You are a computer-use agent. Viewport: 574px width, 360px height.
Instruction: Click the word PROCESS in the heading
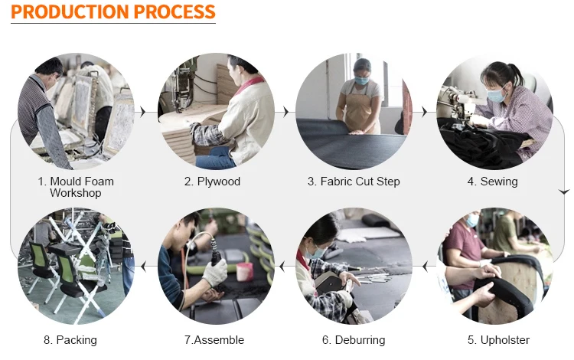pos(174,11)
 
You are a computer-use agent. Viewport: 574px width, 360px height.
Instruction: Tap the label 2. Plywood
pos(212,182)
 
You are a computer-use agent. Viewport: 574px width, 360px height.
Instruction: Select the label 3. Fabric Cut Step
pos(354,182)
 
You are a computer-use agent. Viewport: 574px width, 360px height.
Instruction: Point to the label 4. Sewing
pos(492,182)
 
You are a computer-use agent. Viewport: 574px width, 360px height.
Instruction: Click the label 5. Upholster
pos(498,340)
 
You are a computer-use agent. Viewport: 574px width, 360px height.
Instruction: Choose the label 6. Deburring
pos(354,340)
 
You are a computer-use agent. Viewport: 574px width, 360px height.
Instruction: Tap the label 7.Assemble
pos(214,340)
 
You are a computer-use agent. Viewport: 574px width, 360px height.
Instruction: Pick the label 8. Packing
pos(70,340)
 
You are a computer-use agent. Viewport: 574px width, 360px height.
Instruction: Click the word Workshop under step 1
pos(76,193)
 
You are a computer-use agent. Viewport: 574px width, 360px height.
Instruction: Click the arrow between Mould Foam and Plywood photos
pos(143,112)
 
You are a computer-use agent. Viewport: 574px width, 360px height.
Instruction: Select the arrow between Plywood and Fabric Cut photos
pos(285,112)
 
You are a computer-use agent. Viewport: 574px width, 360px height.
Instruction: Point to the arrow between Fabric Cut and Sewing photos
pos(424,112)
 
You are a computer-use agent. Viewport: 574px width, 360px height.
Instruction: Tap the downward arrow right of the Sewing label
pos(564,191)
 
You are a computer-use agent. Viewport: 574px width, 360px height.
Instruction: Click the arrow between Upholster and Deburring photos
pos(425,267)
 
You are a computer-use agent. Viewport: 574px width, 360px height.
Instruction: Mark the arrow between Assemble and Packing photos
pos(144,267)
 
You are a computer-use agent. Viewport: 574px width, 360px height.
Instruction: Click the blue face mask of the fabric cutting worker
pos(361,80)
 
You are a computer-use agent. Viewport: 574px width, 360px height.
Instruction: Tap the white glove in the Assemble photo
pos(216,273)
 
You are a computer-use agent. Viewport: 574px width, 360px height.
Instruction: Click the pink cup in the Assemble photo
pos(245,272)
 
